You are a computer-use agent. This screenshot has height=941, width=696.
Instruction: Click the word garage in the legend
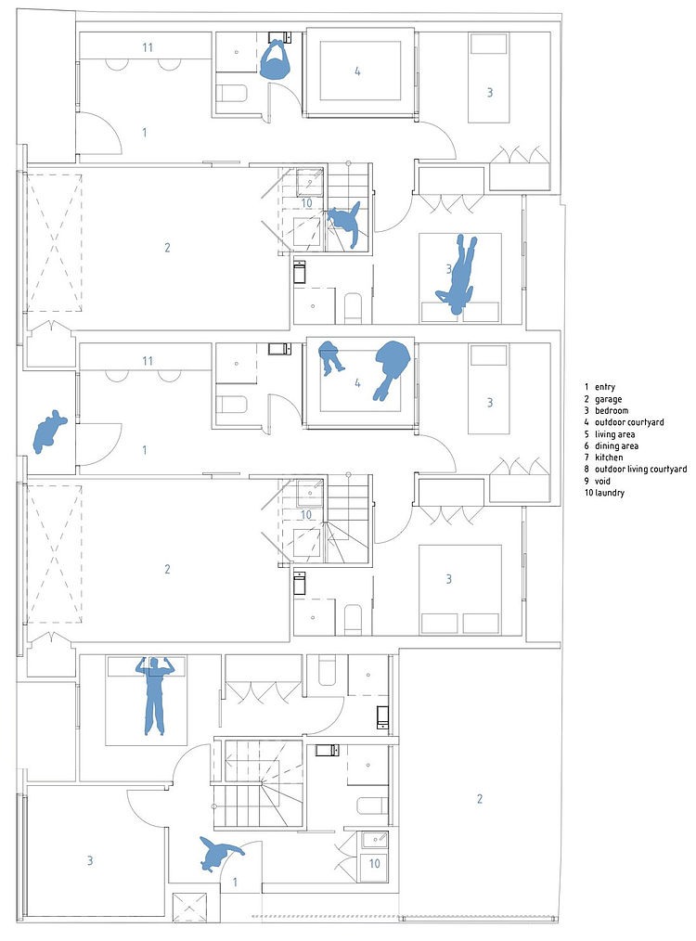(x=609, y=399)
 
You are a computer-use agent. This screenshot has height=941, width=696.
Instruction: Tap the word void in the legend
(x=603, y=482)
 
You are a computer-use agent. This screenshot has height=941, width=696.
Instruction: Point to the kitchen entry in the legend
(x=609, y=458)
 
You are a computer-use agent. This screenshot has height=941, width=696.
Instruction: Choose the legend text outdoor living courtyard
(x=641, y=470)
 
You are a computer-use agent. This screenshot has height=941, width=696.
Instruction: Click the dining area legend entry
(x=616, y=445)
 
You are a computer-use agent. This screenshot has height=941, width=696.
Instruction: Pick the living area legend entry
(x=614, y=434)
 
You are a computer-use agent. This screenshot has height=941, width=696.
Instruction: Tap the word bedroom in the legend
(x=612, y=410)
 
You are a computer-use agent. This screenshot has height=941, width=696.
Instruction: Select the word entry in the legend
(x=605, y=387)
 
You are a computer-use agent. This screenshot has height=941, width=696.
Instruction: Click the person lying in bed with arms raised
(x=154, y=695)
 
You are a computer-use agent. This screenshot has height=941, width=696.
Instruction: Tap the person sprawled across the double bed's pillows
(x=458, y=276)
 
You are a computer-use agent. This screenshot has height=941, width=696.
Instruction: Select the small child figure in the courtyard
(x=329, y=357)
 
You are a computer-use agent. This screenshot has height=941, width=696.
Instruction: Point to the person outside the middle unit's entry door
(x=49, y=432)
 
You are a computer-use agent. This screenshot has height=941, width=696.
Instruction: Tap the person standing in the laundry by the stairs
(x=345, y=226)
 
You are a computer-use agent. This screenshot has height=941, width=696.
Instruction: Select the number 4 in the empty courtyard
(x=357, y=71)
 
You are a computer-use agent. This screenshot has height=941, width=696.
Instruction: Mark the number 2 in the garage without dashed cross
(x=480, y=799)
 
